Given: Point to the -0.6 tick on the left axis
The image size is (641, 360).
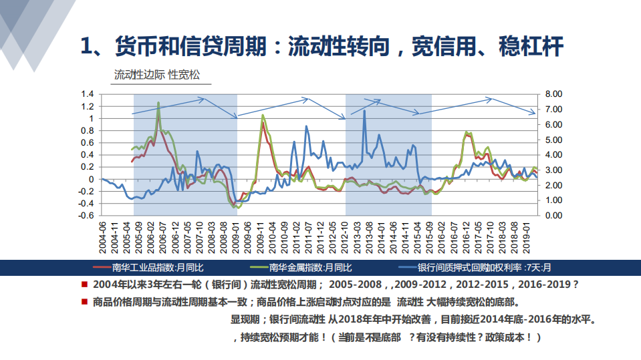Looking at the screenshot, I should (86, 216).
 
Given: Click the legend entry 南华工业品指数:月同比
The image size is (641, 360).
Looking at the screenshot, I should (156, 268).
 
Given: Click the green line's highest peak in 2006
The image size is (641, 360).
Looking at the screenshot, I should (158, 103).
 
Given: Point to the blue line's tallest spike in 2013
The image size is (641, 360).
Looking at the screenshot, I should (364, 111).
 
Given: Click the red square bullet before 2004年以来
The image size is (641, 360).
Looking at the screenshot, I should (84, 284).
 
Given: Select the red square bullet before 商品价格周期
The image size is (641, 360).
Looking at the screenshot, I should (84, 301).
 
